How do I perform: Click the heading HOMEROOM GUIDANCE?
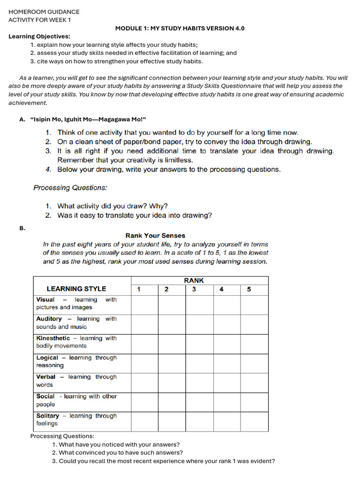(44, 12)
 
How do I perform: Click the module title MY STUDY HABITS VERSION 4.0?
(180, 28)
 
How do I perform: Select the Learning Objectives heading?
(39, 36)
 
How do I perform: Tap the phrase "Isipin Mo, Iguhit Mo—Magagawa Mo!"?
(91, 119)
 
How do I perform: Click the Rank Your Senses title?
(155, 235)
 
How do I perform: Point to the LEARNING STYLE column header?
(76, 289)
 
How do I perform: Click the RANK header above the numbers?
(194, 280)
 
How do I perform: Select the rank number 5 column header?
(249, 289)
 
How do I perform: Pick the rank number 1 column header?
(139, 289)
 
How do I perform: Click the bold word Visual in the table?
(45, 300)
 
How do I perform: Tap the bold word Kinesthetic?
(53, 338)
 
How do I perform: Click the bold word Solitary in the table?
(48, 416)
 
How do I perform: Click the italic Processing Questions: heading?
(70, 188)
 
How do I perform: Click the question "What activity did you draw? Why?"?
(112, 206)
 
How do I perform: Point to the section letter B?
(22, 228)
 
